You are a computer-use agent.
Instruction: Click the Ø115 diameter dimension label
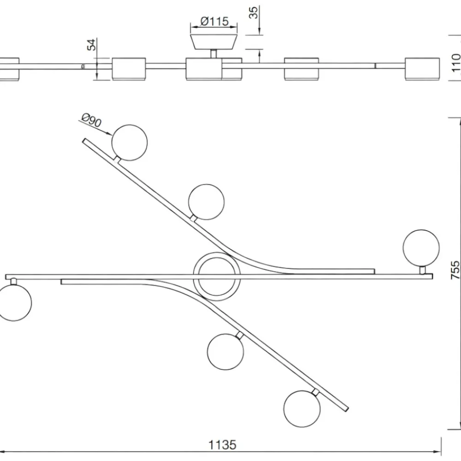[x=214, y=21]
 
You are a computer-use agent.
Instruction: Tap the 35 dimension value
[x=253, y=12]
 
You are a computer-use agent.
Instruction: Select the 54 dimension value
[x=92, y=45]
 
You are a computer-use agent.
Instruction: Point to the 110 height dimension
[x=456, y=63]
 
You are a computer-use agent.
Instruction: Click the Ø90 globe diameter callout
[x=92, y=120]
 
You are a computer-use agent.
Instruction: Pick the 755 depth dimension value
[x=455, y=270]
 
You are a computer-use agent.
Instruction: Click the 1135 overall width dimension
[x=222, y=445]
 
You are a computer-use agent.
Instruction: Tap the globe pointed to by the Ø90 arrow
[x=130, y=142]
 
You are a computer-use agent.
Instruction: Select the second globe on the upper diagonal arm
[x=206, y=202]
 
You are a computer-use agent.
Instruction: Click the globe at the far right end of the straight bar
[x=421, y=248]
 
